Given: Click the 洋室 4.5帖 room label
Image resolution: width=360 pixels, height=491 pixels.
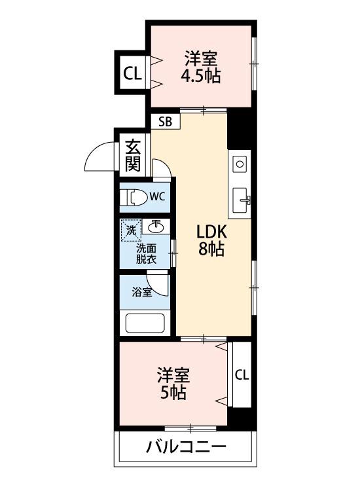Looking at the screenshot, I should pos(200,67).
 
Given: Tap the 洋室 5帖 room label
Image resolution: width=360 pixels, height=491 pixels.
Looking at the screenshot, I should pos(173,384).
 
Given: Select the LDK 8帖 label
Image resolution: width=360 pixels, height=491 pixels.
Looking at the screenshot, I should pos(211,240).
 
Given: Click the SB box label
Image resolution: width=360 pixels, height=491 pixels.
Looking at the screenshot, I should pos(165,121).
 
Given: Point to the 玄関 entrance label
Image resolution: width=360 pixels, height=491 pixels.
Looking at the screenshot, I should pos(134,155).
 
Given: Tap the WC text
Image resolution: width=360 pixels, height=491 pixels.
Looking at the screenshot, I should pos(157,196).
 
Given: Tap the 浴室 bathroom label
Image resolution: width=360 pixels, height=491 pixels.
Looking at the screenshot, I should pos(142,292).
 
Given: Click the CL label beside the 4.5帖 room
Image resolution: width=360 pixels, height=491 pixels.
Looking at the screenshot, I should pos(132,73).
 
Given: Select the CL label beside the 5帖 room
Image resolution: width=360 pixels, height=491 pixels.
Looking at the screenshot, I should pos(242,375).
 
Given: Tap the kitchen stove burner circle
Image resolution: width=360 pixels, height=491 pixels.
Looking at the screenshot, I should pos(240,163).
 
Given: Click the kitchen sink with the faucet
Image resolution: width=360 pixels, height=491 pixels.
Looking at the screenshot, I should pos(241,198).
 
